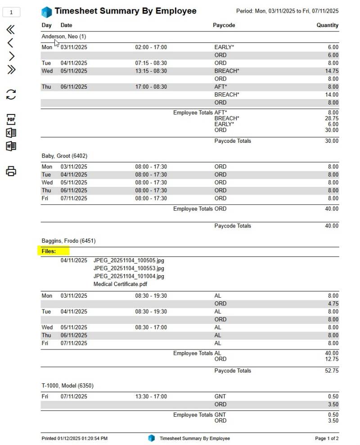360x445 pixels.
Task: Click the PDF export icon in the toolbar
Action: click(x=11, y=119)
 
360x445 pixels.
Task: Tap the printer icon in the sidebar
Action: click(x=11, y=171)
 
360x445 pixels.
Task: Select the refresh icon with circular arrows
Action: click(x=11, y=94)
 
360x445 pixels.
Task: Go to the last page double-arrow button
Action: click(x=11, y=69)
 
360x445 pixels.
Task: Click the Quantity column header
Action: click(x=327, y=25)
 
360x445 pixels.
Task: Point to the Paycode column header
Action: click(x=224, y=25)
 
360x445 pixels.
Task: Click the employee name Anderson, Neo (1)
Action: click(x=64, y=36)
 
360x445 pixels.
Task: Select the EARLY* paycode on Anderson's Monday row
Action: click(x=224, y=47)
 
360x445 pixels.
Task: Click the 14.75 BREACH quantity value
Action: click(x=331, y=71)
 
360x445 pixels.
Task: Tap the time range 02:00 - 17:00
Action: click(x=151, y=47)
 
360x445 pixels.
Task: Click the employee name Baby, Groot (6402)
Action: click(x=64, y=156)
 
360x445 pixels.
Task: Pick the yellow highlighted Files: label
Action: click(x=49, y=251)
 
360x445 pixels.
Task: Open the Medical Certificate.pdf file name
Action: click(x=120, y=284)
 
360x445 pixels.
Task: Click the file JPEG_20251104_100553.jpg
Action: click(x=129, y=268)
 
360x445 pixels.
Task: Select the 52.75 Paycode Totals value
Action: click(x=332, y=371)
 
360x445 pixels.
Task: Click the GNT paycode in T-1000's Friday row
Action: click(x=220, y=397)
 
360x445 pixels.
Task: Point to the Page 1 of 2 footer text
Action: click(x=326, y=438)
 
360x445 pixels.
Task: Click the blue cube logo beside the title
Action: click(x=46, y=11)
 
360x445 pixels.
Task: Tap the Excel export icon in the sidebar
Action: click(x=11, y=133)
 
